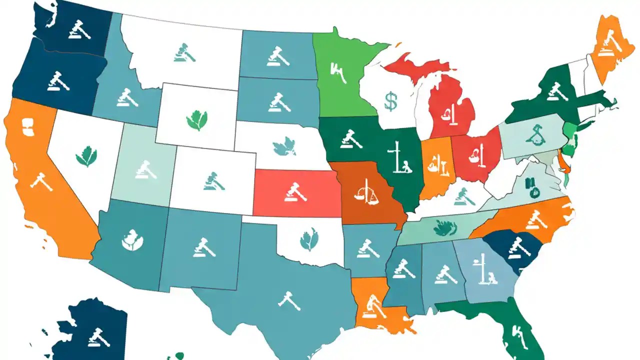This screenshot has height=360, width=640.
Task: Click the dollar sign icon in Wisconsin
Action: pyautogui.click(x=391, y=100)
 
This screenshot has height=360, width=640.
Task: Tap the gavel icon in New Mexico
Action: pyautogui.click(x=204, y=246)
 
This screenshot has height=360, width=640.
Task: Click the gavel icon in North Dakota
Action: pyautogui.click(x=277, y=56)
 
